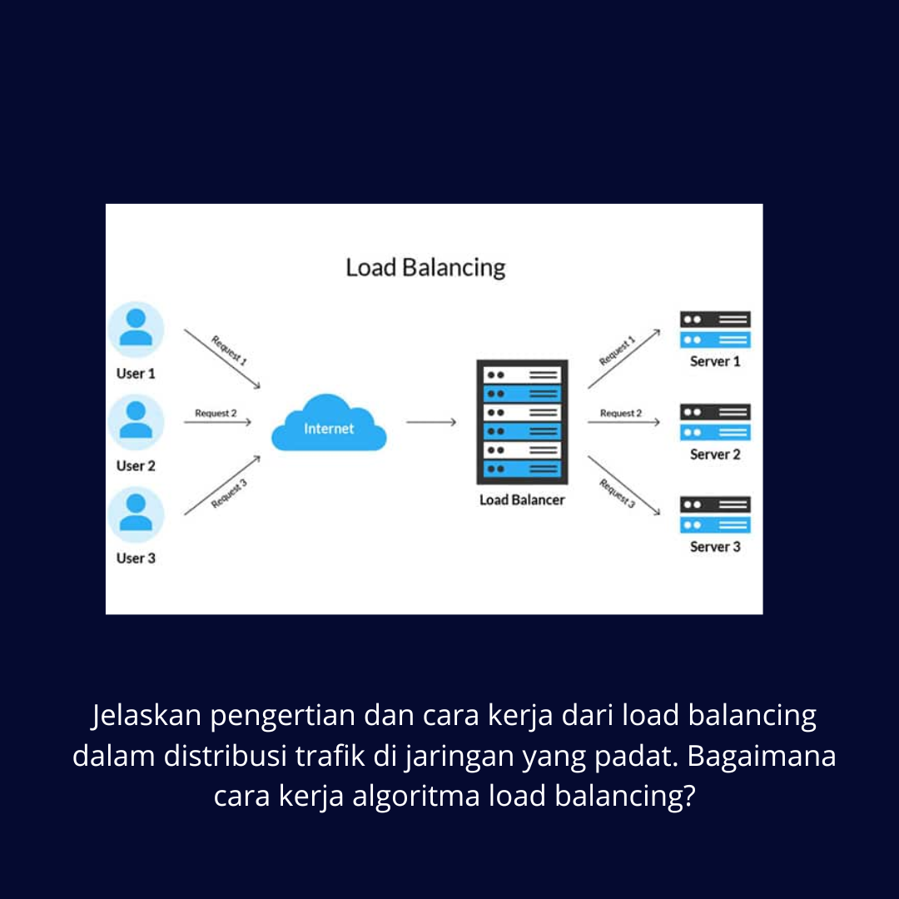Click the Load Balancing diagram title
coord(425,268)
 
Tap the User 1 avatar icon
coord(136,330)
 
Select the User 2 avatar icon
coord(136,422)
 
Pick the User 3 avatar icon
coord(136,514)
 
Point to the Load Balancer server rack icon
coord(522,422)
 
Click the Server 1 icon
coord(715,330)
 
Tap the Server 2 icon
coord(715,422)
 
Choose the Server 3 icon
coord(715,514)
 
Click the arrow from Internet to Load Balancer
coord(431,423)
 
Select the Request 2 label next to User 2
coord(216,413)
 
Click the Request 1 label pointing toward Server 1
coord(618,351)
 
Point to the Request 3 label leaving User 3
coord(229,494)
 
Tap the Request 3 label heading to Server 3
coord(618,493)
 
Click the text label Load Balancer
coord(522,500)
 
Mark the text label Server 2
coord(715,454)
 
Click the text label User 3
coord(136,558)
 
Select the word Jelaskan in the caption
coord(147,716)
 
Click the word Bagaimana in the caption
coord(762,757)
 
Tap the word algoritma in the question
coord(415,797)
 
